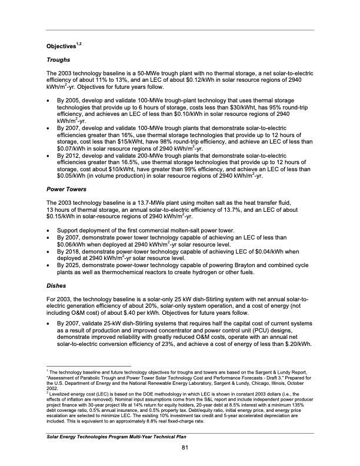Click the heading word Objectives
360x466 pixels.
click(x=61, y=46)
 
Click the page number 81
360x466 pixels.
click(x=184, y=450)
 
